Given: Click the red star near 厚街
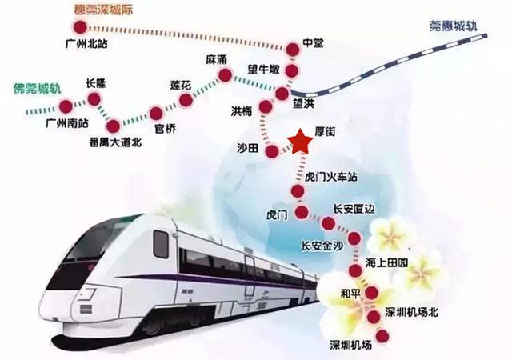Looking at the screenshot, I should (301, 142).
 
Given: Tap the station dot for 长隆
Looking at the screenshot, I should (95, 100).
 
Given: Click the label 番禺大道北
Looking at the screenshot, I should (117, 144).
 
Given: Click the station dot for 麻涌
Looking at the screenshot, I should (225, 76).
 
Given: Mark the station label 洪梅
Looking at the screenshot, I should (242, 110).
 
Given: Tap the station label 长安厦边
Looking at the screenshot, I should (354, 209).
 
